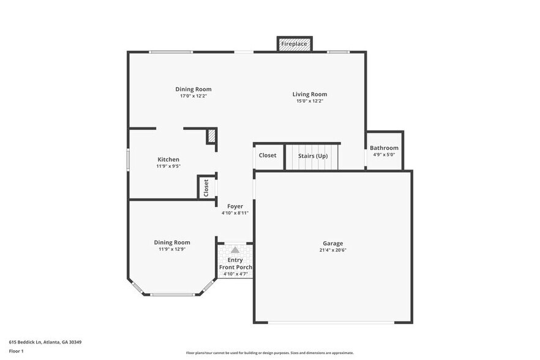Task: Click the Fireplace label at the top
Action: point(294,44)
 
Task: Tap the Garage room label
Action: point(333,243)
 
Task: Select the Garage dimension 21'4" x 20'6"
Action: point(333,250)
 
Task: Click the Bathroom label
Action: point(384,148)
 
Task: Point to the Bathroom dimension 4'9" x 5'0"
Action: point(384,155)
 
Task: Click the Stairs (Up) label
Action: point(313,156)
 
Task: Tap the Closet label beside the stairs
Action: point(268,156)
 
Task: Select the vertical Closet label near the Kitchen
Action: point(206,187)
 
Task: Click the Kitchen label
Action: point(168,159)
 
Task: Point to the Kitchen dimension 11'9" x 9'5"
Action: point(168,167)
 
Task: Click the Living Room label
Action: point(310,94)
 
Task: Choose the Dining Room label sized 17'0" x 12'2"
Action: point(193,89)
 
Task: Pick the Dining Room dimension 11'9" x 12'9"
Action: point(172,249)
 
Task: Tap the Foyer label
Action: point(235,206)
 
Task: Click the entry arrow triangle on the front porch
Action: point(235,249)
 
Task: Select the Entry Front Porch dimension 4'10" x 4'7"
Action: point(235,274)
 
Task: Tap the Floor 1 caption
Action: point(17,351)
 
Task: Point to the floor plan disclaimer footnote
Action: point(270,353)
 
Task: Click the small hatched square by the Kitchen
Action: point(211,135)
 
